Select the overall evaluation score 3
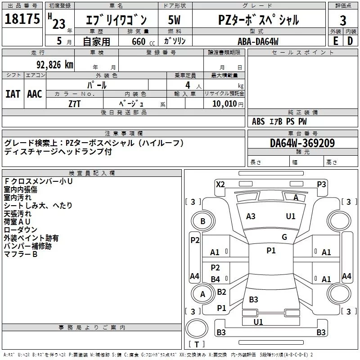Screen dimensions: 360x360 coord(343,20)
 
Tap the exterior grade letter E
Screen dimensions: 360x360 coord(335,40)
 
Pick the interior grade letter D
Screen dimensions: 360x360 coord(350,40)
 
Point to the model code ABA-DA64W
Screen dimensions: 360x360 coord(258,41)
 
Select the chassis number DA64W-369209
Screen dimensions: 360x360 coord(302,143)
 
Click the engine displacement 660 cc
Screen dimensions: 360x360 coord(138,41)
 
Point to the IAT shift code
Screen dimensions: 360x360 coord(12,94)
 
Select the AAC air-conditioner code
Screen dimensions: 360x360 coord(35,94)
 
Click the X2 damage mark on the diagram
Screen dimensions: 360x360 coord(220,184)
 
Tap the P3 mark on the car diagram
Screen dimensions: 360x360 coord(321,184)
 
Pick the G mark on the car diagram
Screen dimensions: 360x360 coord(284,237)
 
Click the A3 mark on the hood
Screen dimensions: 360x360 coord(251,216)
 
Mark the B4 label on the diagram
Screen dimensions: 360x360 coord(216,279)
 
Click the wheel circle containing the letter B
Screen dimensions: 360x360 coord(202,221)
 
